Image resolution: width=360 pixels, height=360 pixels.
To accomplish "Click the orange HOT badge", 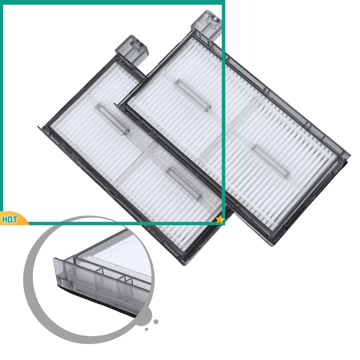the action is (x=13, y=219).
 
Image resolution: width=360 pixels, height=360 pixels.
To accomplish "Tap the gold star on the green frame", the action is (x=220, y=220).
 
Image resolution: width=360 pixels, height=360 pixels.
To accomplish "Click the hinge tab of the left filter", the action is (x=131, y=51).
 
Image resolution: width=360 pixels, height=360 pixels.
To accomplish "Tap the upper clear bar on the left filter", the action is (x=112, y=118).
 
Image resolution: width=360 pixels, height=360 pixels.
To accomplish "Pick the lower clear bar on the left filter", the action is (x=184, y=184).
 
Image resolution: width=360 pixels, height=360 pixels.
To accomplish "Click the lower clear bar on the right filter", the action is (x=270, y=161).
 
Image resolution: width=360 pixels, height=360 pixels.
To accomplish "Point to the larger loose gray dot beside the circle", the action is (x=156, y=322).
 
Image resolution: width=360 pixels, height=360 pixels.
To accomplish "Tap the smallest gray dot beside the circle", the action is (x=147, y=329).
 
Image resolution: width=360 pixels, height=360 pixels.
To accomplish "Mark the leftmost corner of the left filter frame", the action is (x=38, y=126).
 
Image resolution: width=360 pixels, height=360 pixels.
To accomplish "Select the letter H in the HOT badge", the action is (x=5, y=220).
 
